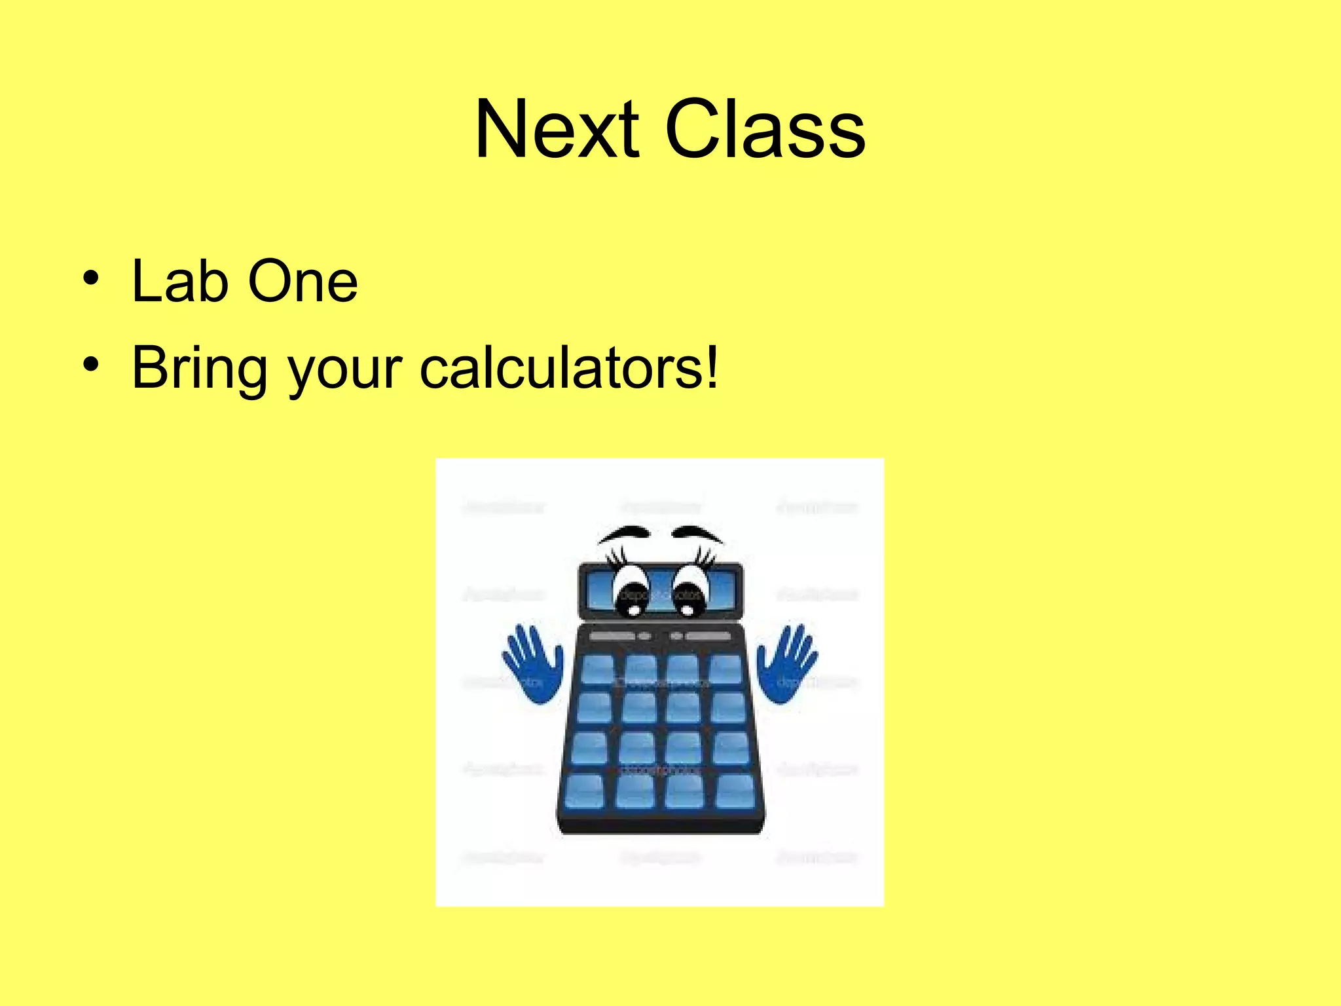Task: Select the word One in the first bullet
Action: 303,282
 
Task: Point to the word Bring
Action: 199,369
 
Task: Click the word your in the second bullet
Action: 344,372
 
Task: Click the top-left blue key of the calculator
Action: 597,669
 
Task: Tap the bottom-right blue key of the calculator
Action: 735,790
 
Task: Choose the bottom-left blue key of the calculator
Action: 584,790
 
